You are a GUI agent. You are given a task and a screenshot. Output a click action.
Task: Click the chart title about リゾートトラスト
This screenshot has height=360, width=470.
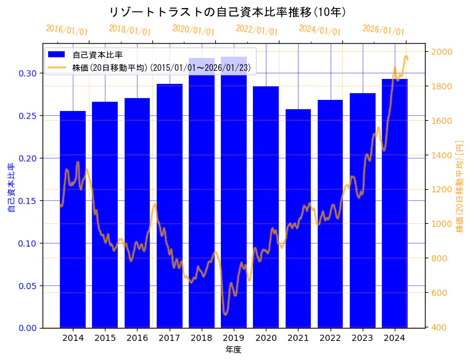pos(227,12)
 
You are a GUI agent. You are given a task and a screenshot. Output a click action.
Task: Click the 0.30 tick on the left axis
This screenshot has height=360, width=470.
pos(28,73)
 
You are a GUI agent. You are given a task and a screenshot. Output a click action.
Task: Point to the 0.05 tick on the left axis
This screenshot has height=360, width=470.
pos(28,285)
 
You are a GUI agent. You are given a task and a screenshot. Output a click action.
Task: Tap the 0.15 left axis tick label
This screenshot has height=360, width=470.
pos(28,200)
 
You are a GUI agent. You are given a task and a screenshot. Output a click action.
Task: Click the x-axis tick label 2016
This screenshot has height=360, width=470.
pos(137,338)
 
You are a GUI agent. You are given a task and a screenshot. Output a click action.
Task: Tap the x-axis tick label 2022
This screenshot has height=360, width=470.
pos(330,338)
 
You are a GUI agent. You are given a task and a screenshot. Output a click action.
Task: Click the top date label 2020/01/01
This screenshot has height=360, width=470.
pos(193,30)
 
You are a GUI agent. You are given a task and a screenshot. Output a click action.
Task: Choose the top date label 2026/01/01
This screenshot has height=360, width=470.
pos(383,30)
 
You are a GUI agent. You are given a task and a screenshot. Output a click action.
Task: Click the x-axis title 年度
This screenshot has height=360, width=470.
pos(234,350)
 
